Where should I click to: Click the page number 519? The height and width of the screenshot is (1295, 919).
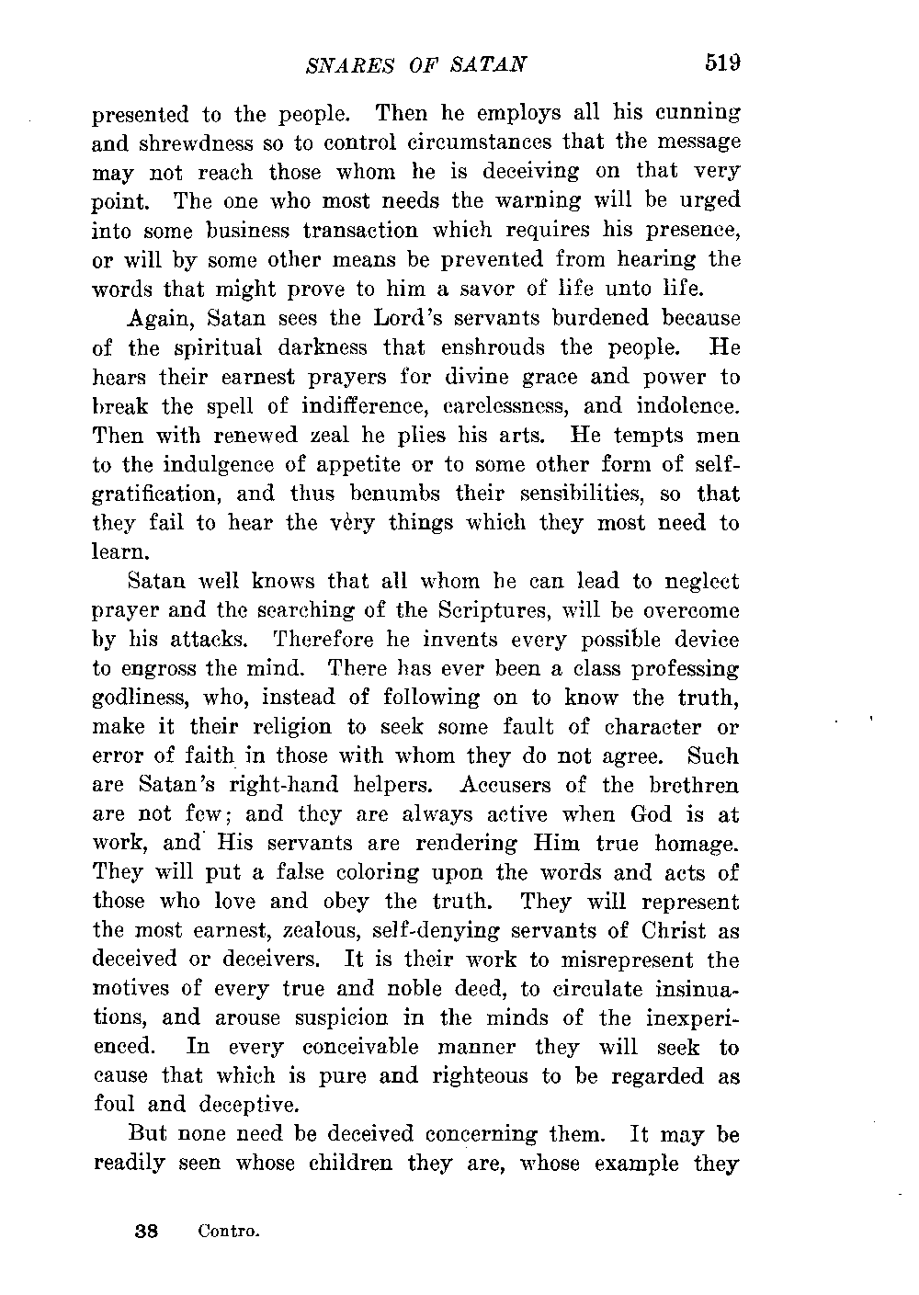[x=722, y=62]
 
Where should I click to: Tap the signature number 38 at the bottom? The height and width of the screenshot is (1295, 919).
[x=145, y=1229]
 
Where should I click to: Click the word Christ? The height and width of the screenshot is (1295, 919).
[x=658, y=930]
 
